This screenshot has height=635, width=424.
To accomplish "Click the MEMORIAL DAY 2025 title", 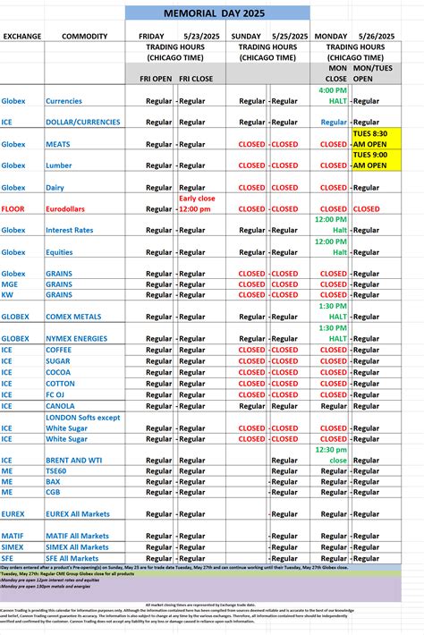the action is click(x=217, y=13).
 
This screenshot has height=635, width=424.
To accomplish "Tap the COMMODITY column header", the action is click(x=85, y=36).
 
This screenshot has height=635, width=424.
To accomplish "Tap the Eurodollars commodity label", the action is click(x=70, y=208).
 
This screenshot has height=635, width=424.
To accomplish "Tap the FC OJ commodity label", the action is click(x=58, y=394).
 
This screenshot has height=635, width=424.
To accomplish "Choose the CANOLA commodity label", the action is click(x=62, y=405).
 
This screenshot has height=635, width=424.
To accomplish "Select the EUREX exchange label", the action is click(x=13, y=513).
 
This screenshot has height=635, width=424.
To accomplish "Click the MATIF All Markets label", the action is click(x=77, y=536).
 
